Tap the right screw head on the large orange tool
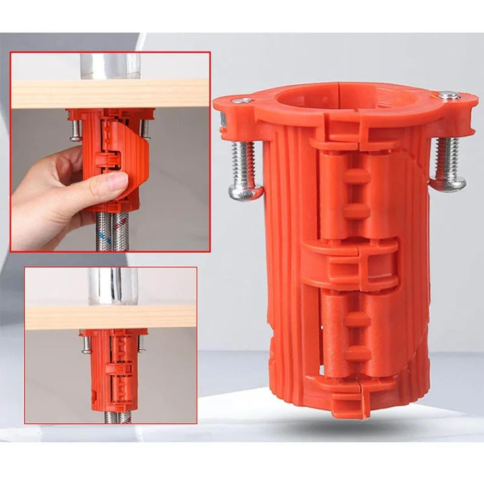[450, 182]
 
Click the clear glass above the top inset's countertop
[110, 65]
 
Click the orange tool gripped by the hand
[118, 151]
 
